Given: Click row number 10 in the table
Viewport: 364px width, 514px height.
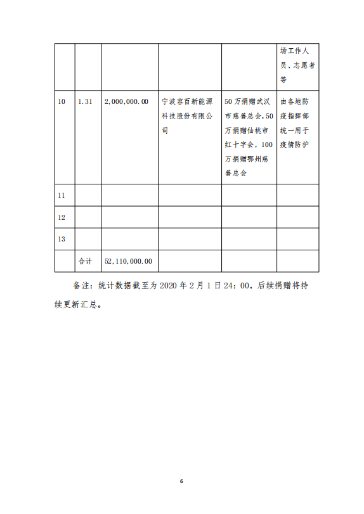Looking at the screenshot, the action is (62, 101).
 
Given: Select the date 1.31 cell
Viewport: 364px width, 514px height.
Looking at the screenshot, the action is (85, 101).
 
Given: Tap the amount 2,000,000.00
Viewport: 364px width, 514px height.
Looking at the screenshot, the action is (126, 101).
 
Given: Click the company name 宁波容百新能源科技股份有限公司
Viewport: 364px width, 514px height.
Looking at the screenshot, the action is (188, 116).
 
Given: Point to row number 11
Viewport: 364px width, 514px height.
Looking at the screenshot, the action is (62, 196).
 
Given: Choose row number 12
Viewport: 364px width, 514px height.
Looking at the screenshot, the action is (62, 217).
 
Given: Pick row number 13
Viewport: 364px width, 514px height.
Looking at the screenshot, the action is (62, 239).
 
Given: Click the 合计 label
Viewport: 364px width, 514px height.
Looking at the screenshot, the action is (85, 260).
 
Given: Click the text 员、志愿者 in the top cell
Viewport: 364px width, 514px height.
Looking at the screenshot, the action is (297, 65).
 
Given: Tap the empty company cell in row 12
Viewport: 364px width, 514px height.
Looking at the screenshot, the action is (189, 217).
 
